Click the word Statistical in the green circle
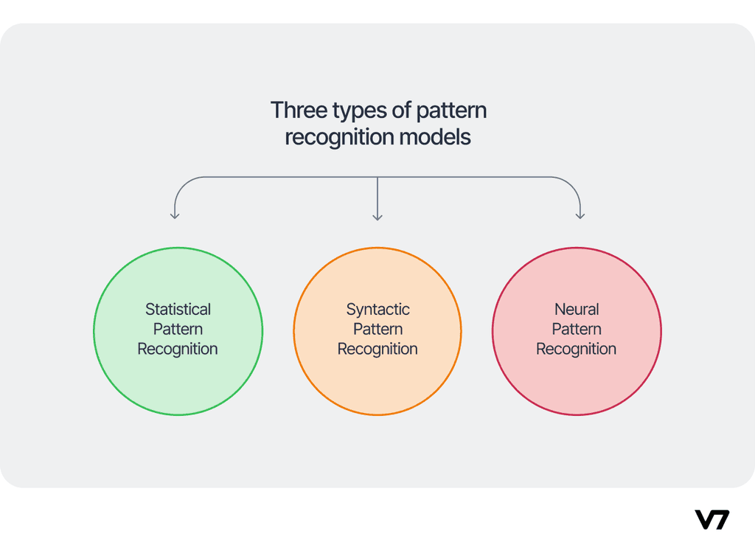point(178,310)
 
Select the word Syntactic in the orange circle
point(377,310)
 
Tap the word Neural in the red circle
point(577,310)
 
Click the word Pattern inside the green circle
point(178,329)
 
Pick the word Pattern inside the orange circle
point(377,329)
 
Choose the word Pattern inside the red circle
point(577,329)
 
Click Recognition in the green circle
point(178,349)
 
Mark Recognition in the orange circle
point(377,349)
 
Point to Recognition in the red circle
point(577,349)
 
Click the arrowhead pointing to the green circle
point(175,216)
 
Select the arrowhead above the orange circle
point(377,217)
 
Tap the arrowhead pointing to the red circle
point(580,216)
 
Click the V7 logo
point(711,519)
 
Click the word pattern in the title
point(450,111)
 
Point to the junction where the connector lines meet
point(377,177)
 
